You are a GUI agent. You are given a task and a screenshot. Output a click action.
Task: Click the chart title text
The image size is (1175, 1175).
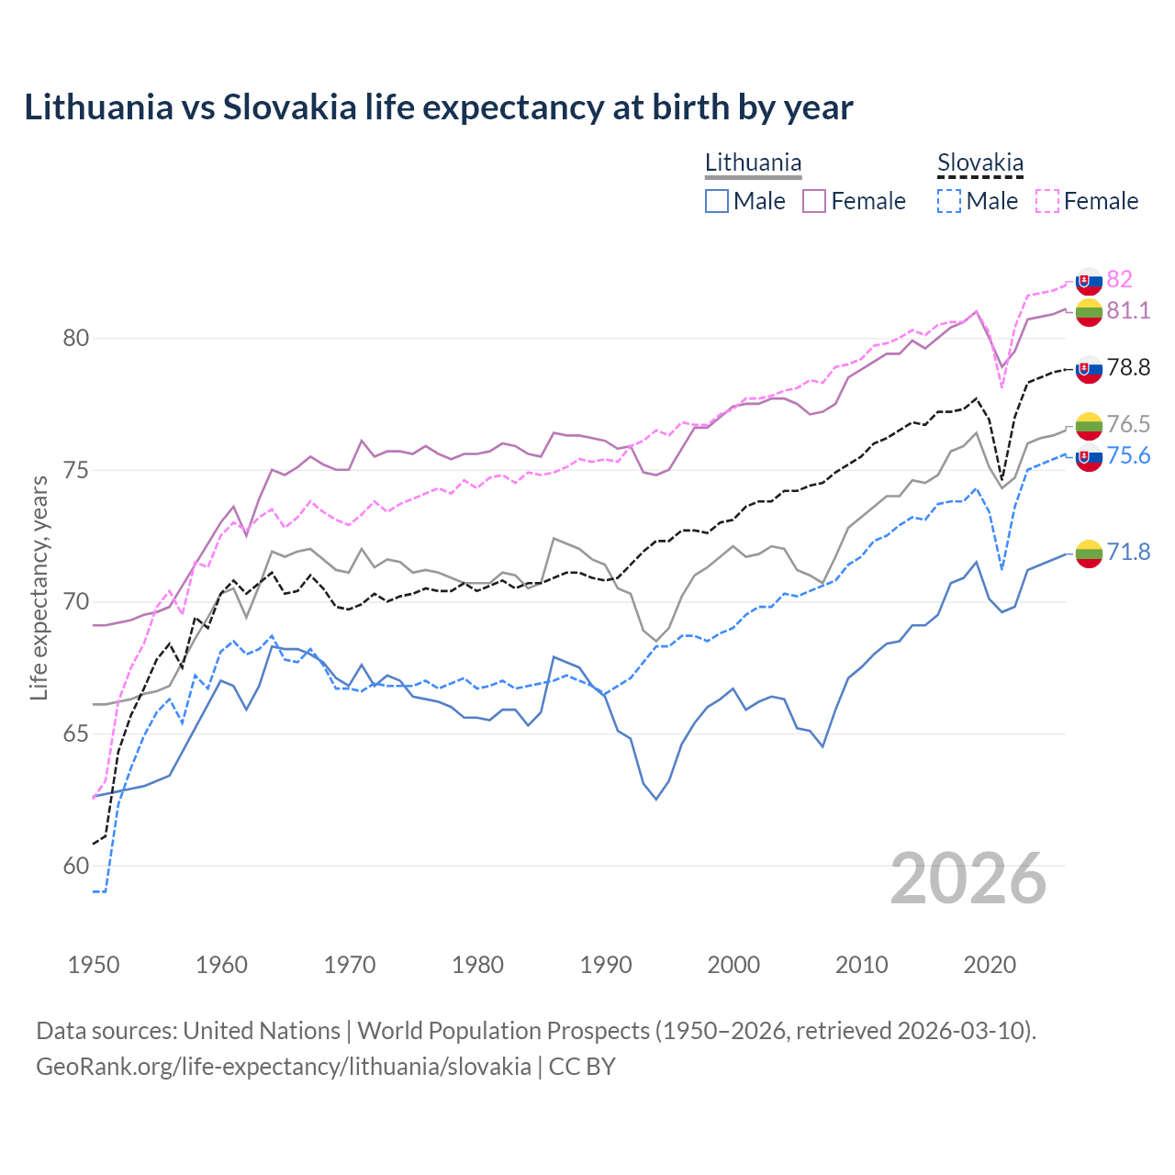pyautogui.click(x=439, y=107)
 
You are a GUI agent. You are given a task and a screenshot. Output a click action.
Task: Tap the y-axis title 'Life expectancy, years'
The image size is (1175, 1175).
pyautogui.click(x=39, y=587)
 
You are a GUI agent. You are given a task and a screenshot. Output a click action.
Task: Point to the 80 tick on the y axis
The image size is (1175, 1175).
pyautogui.click(x=76, y=339)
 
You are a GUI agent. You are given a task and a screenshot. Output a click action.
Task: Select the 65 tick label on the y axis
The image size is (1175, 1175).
pyautogui.click(x=76, y=734)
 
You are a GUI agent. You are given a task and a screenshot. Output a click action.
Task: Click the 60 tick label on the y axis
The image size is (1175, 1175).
pyautogui.click(x=76, y=867)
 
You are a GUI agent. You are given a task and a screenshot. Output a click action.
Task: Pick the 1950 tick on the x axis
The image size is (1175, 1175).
pyautogui.click(x=94, y=965)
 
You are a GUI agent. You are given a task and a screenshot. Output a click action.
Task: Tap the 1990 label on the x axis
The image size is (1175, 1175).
pyautogui.click(x=606, y=965)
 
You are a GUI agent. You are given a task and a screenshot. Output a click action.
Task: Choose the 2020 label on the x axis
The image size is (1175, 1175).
pyautogui.click(x=990, y=965)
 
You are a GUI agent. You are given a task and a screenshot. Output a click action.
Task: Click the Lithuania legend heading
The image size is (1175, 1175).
pyautogui.click(x=753, y=162)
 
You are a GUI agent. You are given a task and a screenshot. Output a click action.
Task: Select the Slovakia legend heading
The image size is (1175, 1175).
pyautogui.click(x=979, y=162)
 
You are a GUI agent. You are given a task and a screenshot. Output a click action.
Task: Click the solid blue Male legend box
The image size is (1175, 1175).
pyautogui.click(x=717, y=201)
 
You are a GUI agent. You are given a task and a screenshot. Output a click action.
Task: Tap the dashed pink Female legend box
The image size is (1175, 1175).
pyautogui.click(x=1047, y=201)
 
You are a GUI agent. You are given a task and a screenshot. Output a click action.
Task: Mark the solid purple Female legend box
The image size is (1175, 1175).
pyautogui.click(x=814, y=201)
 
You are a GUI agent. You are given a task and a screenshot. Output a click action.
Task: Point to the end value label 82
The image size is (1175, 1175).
pyautogui.click(x=1119, y=279)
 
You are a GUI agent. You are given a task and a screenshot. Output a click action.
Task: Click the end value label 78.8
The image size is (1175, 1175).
pyautogui.click(x=1128, y=368)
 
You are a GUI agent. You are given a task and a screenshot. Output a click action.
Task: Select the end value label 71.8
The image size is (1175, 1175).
pyautogui.click(x=1128, y=552)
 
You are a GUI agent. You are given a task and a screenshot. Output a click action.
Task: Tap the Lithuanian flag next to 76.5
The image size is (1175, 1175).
pyautogui.click(x=1089, y=425)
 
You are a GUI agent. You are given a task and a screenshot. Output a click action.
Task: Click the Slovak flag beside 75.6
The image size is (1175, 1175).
pyautogui.click(x=1089, y=458)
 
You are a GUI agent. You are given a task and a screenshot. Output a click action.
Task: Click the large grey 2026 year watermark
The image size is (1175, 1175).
pyautogui.click(x=968, y=878)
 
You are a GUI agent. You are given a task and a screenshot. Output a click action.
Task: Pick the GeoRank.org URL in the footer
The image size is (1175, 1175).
pyautogui.click(x=283, y=1067)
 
